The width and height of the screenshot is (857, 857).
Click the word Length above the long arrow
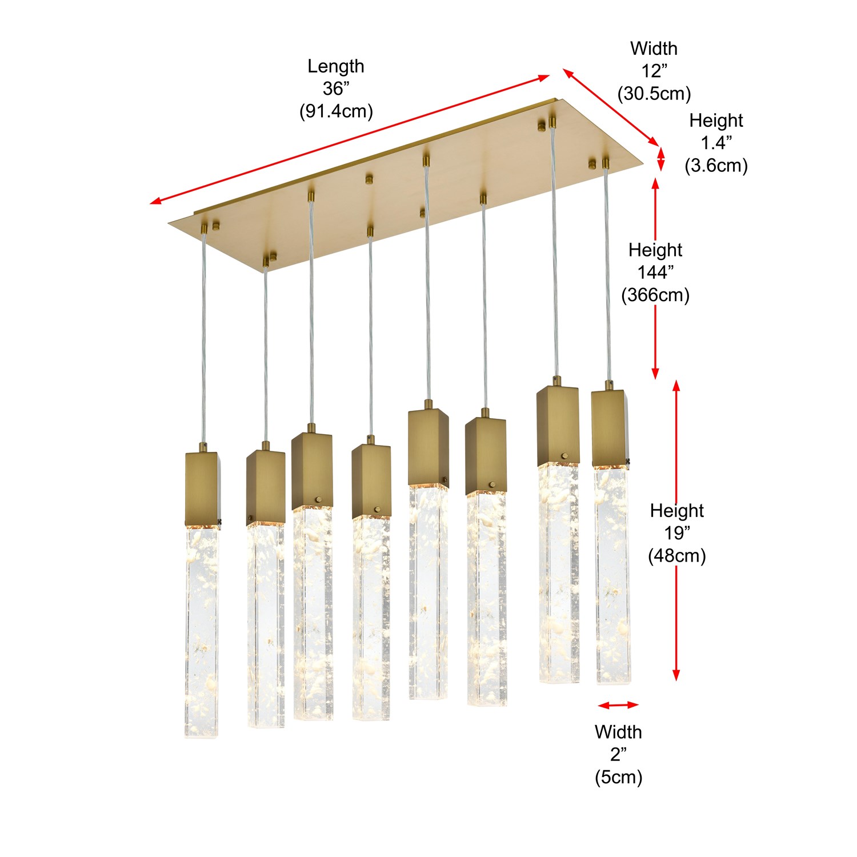(x=336, y=67)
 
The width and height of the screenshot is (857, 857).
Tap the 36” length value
(x=336, y=89)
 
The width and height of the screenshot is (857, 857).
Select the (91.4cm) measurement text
(x=336, y=111)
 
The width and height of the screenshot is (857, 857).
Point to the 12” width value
(x=654, y=71)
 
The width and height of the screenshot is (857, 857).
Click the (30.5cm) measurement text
(x=654, y=93)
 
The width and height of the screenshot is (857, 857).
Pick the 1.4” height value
(x=716, y=143)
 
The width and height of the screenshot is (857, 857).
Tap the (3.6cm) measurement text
(x=716, y=165)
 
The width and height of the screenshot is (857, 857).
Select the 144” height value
(x=655, y=273)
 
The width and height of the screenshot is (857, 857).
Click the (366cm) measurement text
(x=655, y=295)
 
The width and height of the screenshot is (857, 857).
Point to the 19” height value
(x=677, y=533)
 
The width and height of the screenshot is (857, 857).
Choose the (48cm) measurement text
(x=677, y=555)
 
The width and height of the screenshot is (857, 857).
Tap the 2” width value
(x=618, y=755)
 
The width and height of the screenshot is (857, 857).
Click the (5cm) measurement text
(x=618, y=777)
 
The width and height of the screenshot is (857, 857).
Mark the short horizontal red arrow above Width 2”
(x=618, y=705)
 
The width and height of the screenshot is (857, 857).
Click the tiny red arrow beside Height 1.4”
(x=662, y=159)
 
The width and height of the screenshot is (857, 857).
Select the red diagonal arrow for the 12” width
(x=610, y=107)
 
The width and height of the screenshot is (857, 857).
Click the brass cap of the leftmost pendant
(x=203, y=490)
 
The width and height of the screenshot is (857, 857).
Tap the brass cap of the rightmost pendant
(x=610, y=429)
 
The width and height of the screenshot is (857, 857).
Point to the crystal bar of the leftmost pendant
(x=202, y=632)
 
